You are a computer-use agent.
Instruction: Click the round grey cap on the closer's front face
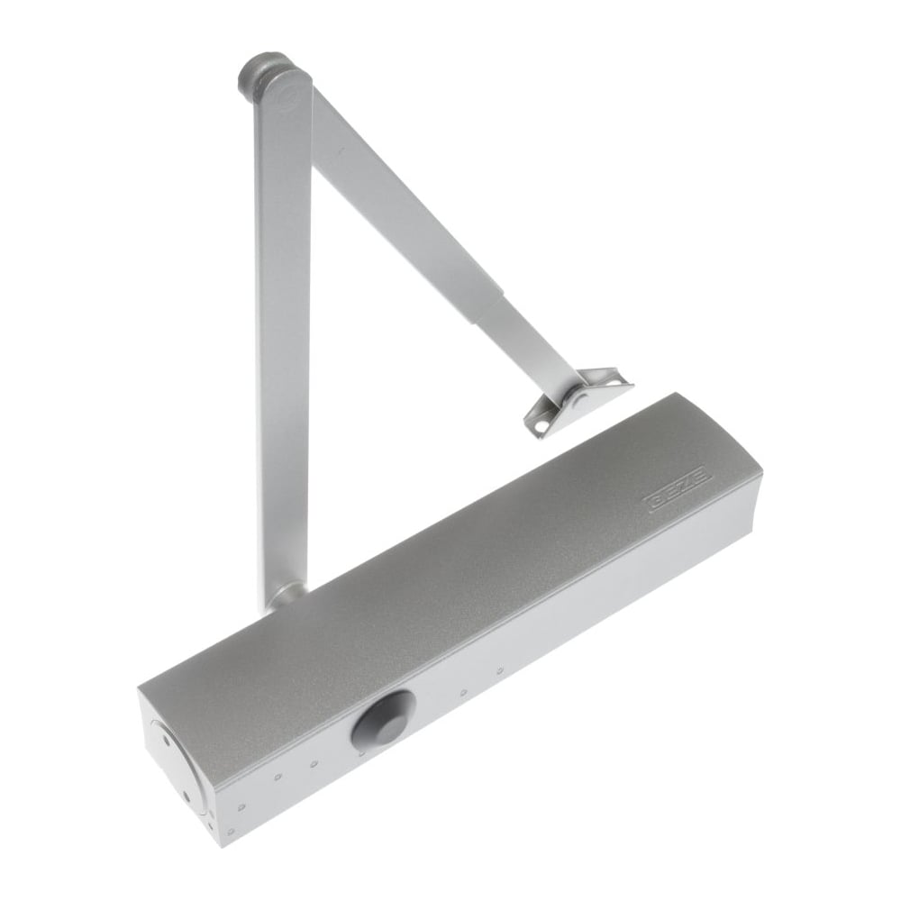[383, 718]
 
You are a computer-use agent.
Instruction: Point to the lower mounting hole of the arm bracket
[540, 427]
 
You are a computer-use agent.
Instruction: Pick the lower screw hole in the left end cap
[187, 797]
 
